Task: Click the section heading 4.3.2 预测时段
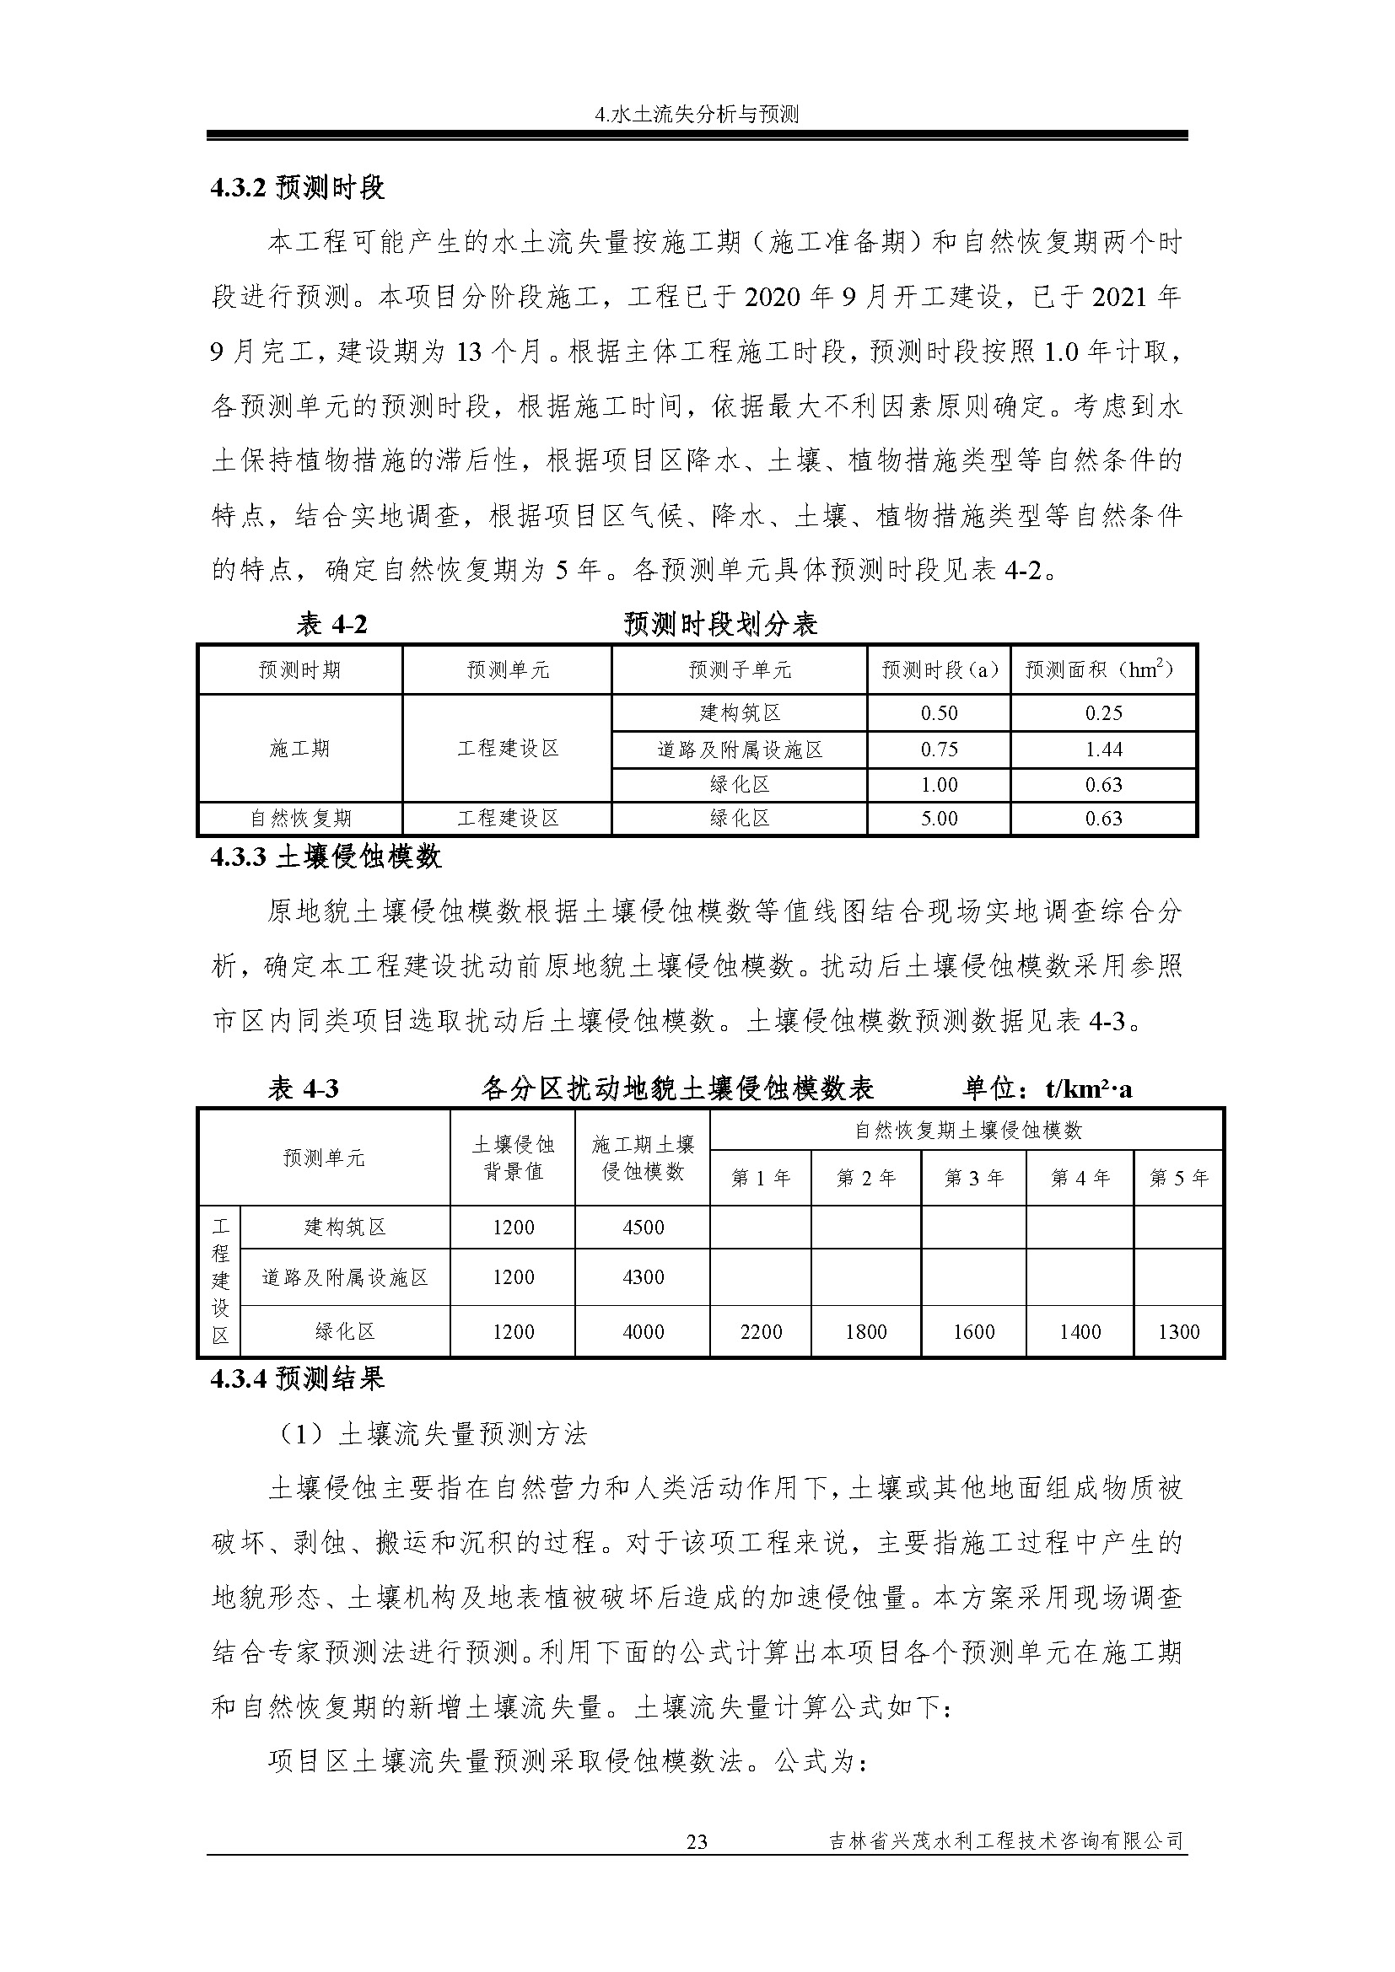297,187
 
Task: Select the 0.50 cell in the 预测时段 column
939,713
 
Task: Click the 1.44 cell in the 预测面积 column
1104,750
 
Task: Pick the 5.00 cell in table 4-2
939,819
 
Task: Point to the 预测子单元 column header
740,670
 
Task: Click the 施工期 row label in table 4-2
299,749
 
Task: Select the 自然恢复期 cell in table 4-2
299,819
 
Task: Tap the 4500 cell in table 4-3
643,1228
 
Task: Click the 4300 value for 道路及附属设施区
643,1277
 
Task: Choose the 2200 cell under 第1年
760,1332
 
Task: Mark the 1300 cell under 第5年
1177,1332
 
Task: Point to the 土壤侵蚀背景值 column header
513,1158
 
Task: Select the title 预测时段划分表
719,625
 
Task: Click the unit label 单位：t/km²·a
1048,1089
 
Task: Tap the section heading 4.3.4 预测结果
297,1378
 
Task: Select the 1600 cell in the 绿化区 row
973,1332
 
